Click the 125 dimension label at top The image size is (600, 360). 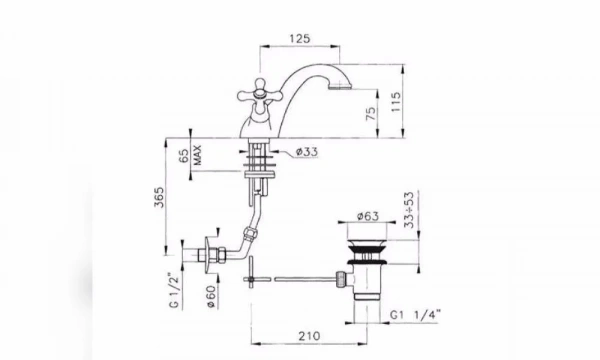pyautogui.click(x=300, y=39)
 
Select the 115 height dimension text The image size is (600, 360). pyautogui.click(x=396, y=101)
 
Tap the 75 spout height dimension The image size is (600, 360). pyautogui.click(x=371, y=114)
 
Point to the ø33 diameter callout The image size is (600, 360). pyautogui.click(x=307, y=152)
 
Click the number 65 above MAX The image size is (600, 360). pyautogui.click(x=184, y=156)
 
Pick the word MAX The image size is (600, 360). pyautogui.click(x=197, y=155)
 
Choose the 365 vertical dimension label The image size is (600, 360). pyautogui.click(x=159, y=197)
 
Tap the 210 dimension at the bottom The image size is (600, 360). pyautogui.click(x=309, y=336)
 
